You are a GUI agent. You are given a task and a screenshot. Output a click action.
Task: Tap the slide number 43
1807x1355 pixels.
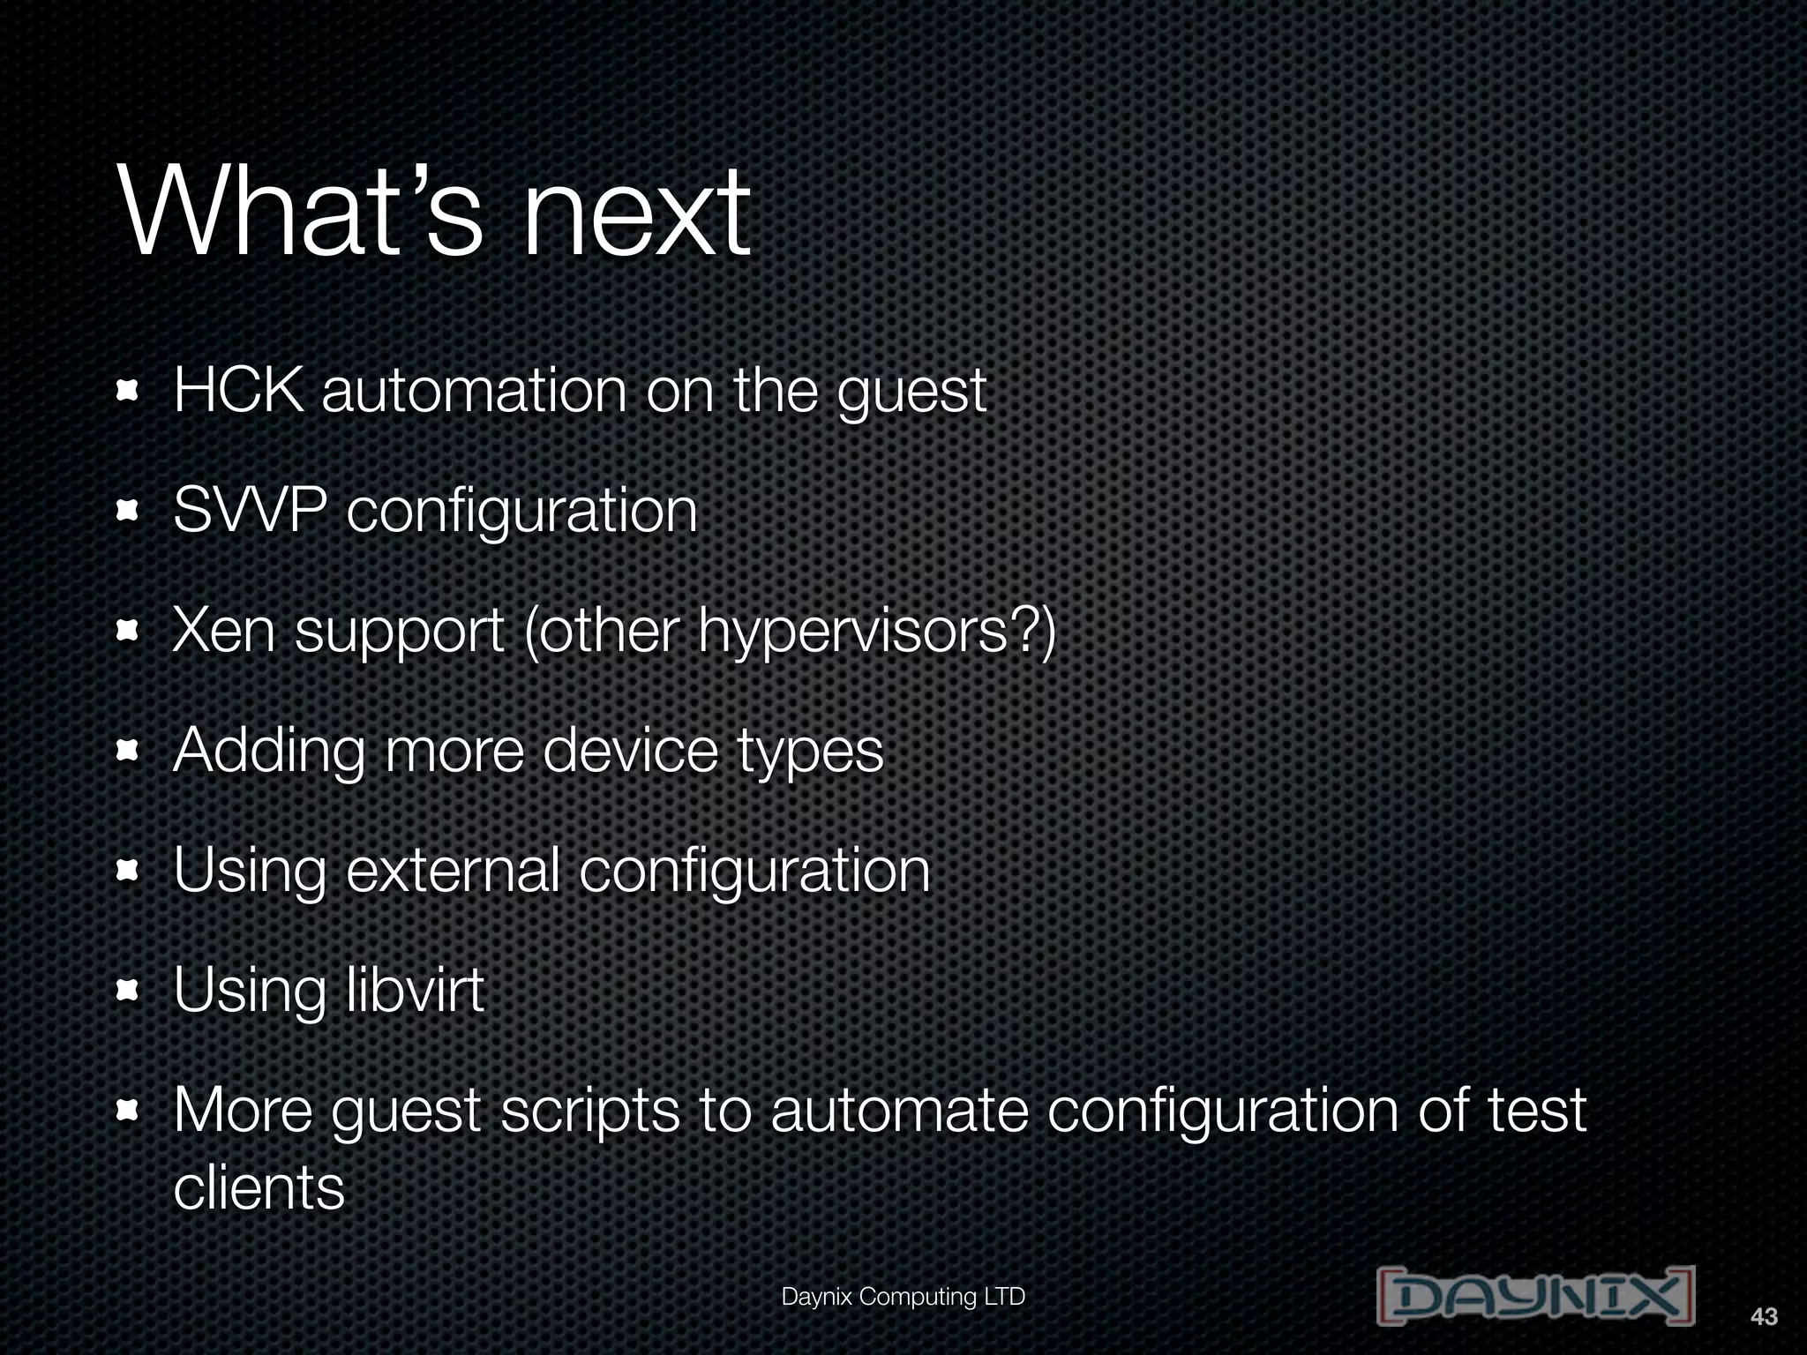point(1764,1317)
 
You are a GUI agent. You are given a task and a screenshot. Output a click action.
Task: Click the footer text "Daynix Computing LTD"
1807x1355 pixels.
point(903,1297)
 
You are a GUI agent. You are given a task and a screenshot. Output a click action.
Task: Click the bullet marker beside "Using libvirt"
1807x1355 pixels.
point(129,992)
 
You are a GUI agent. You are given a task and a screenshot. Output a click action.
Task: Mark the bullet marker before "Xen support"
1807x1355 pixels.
point(129,632)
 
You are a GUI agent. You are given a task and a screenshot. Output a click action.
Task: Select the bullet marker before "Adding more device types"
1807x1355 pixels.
point(129,752)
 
